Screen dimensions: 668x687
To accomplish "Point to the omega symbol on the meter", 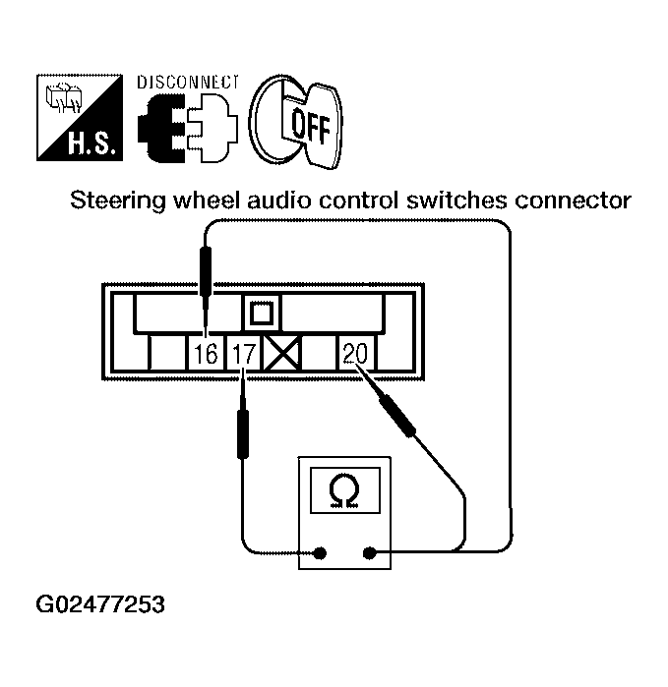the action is [343, 488].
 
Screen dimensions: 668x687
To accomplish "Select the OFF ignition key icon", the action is [296, 121].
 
